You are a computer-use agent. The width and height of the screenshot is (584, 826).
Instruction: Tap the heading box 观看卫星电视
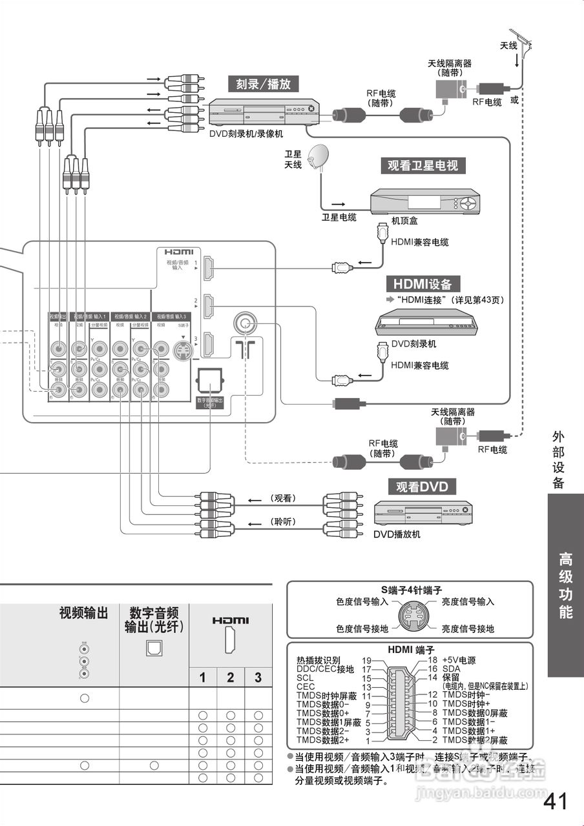click(x=422, y=165)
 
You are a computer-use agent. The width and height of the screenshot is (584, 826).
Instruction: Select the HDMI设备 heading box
click(x=422, y=284)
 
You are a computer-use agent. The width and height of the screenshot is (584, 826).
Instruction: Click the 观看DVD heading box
click(x=422, y=486)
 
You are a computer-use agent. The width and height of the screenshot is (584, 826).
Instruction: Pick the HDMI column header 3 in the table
click(x=258, y=677)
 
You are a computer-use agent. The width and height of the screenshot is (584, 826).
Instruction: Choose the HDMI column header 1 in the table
click(x=202, y=677)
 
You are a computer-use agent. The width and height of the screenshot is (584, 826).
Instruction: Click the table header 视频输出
click(x=83, y=612)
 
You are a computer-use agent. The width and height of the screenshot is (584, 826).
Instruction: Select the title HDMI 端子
click(x=410, y=649)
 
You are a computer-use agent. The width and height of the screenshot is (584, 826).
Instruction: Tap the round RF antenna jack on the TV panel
click(x=244, y=322)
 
